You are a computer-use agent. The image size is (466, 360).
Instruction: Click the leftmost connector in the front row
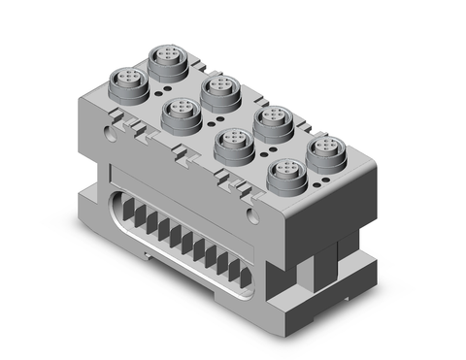click(x=129, y=82)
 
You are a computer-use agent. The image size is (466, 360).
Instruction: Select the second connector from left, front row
click(x=180, y=115)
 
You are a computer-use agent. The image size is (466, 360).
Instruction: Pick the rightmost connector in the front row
click(x=284, y=177)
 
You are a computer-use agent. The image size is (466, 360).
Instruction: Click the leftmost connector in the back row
click(x=167, y=60)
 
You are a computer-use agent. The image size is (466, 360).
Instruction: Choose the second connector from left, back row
click(x=219, y=91)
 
